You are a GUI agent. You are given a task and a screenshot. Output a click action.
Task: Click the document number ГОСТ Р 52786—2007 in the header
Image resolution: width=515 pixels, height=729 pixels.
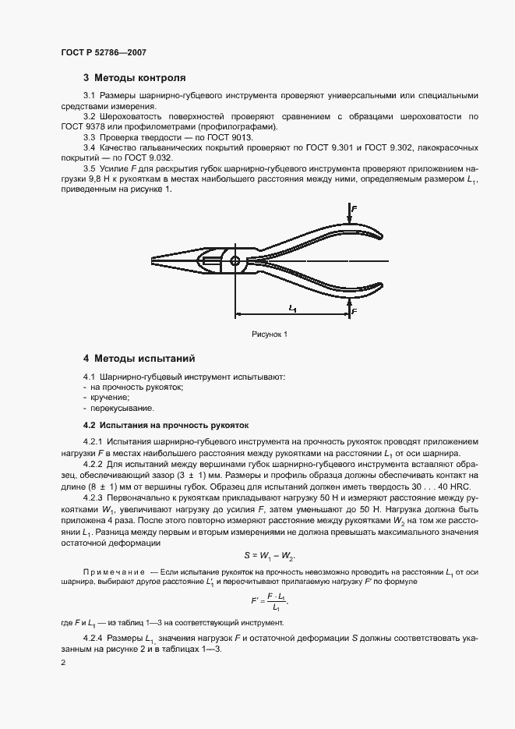click(x=104, y=52)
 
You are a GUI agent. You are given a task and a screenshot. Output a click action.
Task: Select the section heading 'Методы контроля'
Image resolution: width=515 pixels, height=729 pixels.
click(x=139, y=78)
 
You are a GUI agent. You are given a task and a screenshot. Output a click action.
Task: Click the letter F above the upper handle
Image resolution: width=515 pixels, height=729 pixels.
click(x=354, y=210)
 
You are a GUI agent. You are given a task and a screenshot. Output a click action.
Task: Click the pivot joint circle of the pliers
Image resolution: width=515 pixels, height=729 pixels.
click(x=235, y=260)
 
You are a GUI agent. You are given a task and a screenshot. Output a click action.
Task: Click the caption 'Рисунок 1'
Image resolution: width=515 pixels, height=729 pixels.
click(x=270, y=334)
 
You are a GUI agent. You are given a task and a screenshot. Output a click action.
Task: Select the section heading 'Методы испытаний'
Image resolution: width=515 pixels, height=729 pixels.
click(x=144, y=359)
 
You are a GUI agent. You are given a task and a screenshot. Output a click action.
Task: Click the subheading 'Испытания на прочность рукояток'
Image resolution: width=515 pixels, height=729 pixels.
click(x=165, y=426)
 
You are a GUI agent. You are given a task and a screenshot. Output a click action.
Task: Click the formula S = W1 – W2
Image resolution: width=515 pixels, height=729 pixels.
click(x=269, y=555)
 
